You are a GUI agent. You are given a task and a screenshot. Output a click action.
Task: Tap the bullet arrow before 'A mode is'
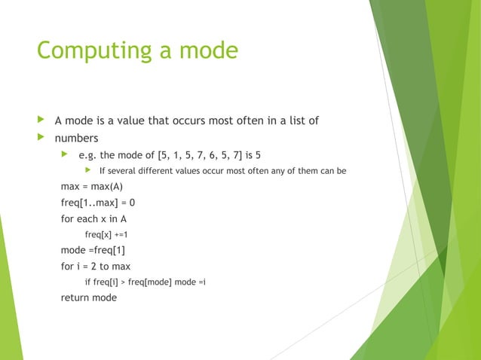(41, 121)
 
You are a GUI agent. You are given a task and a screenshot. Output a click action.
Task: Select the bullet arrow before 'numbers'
(41, 138)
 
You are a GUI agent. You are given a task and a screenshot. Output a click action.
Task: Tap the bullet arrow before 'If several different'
(87, 171)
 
